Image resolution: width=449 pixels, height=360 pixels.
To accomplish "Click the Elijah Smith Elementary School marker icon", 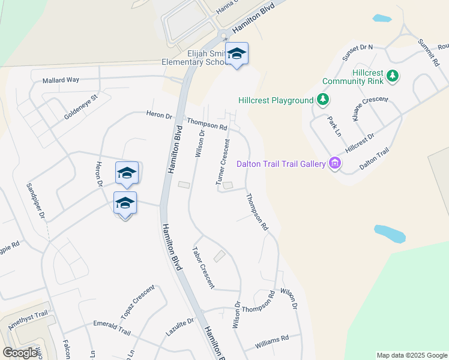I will [x=237, y=54].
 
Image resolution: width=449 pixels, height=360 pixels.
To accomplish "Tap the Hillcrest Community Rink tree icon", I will [x=393, y=76].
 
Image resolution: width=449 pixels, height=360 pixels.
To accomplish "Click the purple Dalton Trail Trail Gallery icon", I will [x=335, y=163].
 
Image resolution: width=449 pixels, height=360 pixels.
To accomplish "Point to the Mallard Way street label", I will [x=61, y=80].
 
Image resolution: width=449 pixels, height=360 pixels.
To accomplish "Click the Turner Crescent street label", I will [x=223, y=162].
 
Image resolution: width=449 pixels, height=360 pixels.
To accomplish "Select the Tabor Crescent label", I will [x=203, y=268].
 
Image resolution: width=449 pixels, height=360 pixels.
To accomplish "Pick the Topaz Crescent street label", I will [x=137, y=302].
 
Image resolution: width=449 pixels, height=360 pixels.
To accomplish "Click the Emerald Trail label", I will [x=112, y=323].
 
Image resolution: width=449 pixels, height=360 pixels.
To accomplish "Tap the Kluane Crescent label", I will [x=370, y=109].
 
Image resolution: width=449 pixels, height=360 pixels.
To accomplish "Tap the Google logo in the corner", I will [x=20, y=353].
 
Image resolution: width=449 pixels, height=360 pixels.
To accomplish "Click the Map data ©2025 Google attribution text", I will [x=411, y=355].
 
